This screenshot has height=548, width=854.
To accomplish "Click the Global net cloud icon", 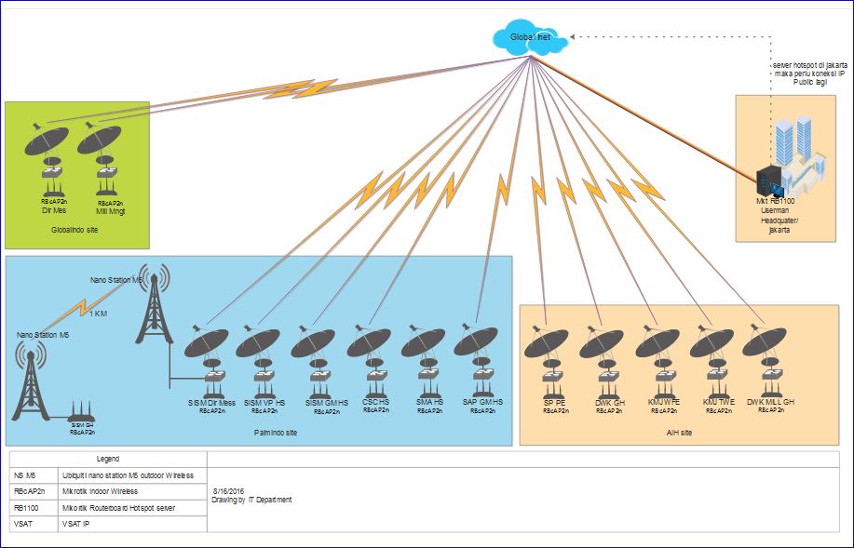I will tap(527, 37).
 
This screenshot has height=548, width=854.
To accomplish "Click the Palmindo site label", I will tap(276, 433).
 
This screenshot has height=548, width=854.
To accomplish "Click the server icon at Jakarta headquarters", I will tap(769, 180).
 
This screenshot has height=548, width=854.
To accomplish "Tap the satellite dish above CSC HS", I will tap(370, 343).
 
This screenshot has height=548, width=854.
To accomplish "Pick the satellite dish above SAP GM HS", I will tap(477, 341).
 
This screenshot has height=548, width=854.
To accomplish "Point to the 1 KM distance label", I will tap(98, 314).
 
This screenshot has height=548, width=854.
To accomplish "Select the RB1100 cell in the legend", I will tap(30, 507).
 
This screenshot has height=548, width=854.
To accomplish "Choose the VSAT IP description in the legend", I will tap(76, 524).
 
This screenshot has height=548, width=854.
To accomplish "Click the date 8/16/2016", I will tap(227, 489).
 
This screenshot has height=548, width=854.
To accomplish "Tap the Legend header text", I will tap(107, 459).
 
